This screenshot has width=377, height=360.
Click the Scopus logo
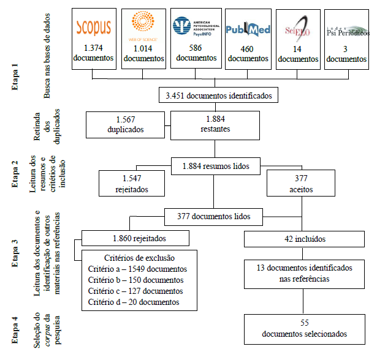[x=94, y=28]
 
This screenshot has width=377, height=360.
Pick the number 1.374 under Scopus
[x=94, y=48]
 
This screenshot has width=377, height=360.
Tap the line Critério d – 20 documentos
[x=135, y=302]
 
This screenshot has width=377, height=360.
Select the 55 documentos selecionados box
[x=304, y=329]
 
